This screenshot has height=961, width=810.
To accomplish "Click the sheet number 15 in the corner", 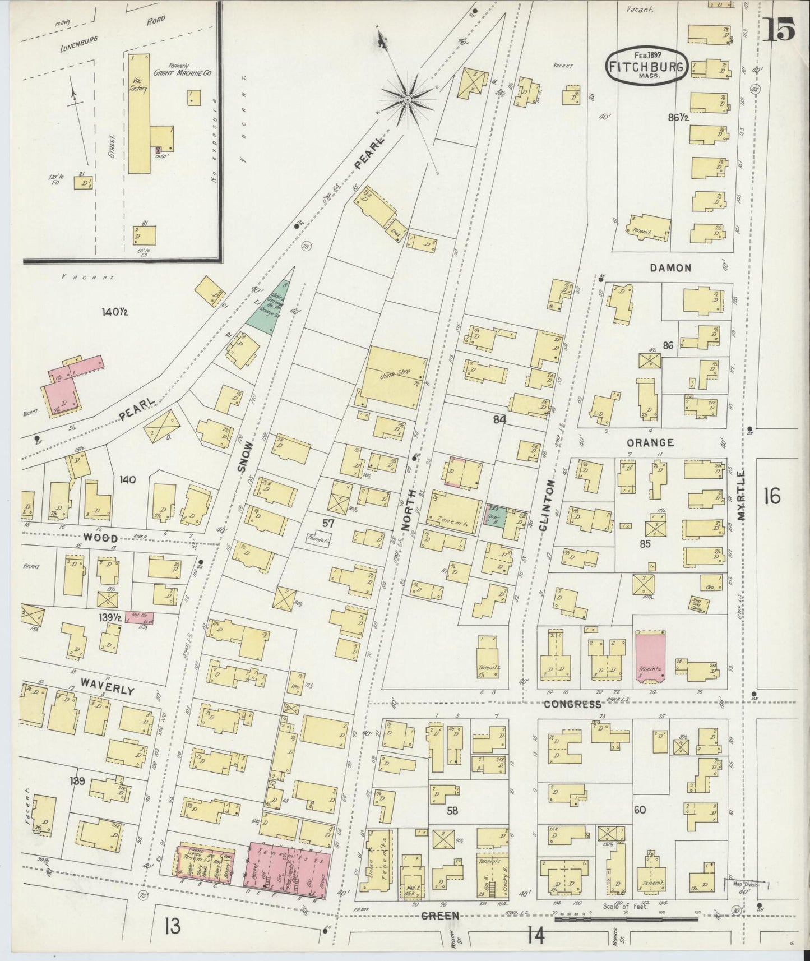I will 779,30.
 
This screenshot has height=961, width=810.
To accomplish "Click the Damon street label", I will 670,268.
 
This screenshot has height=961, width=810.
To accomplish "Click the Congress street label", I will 572,705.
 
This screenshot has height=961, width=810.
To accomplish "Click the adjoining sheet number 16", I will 771,496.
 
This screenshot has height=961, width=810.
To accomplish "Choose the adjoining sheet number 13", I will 173,927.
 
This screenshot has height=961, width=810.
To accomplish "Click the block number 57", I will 328,523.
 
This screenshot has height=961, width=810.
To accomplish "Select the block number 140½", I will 115,312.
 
